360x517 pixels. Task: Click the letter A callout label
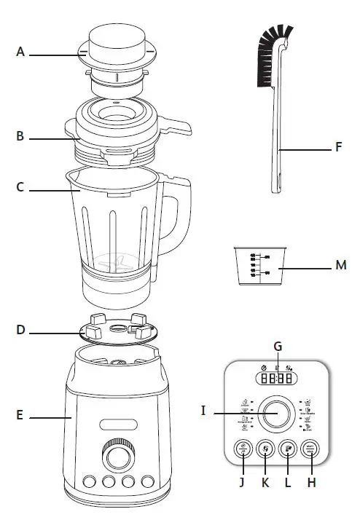pyautogui.click(x=20, y=52)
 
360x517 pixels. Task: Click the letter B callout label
pyautogui.click(x=20, y=136)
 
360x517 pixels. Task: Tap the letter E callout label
pyautogui.click(x=20, y=417)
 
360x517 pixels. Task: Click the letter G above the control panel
pyautogui.click(x=278, y=346)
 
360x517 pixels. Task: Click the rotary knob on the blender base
pyautogui.click(x=114, y=456)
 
